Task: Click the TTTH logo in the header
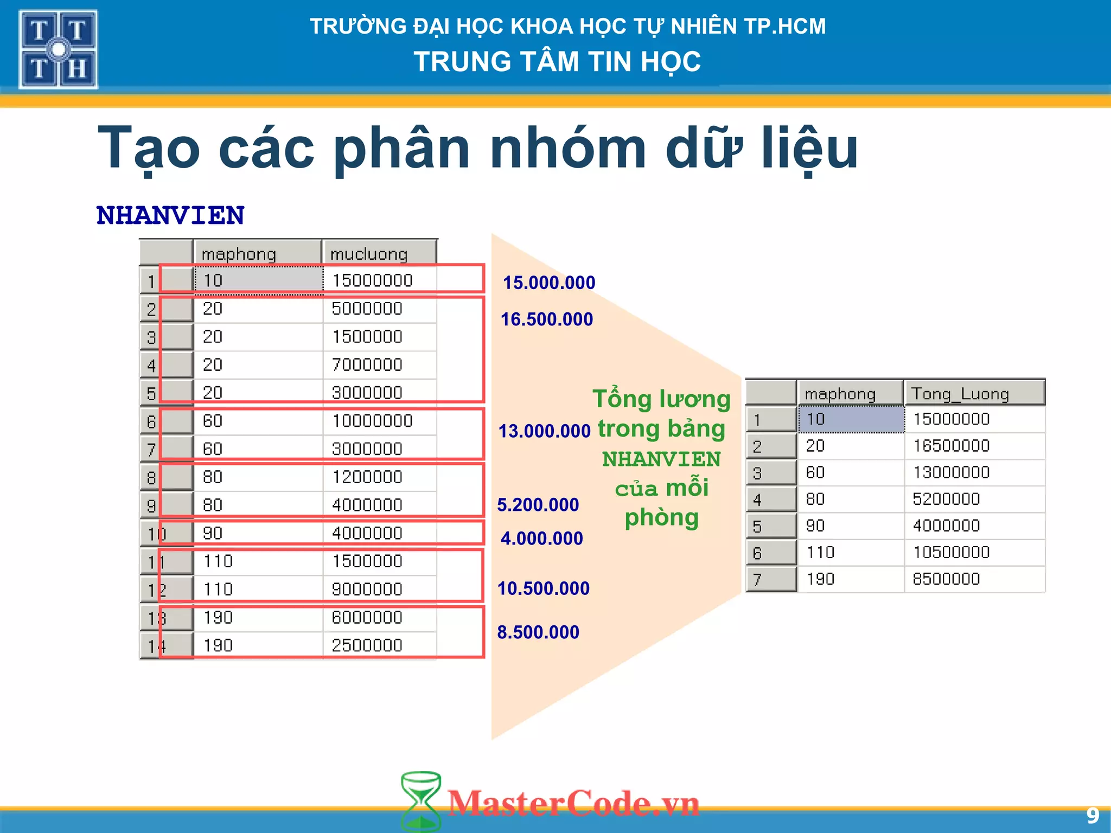tap(58, 49)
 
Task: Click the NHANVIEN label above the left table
tap(170, 215)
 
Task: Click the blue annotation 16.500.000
tap(547, 319)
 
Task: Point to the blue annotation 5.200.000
tap(538, 505)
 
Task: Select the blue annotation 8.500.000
tap(538, 632)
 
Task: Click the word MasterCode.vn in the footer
tap(573, 803)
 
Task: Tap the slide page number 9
tap(1093, 816)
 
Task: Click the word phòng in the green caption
tap(661, 518)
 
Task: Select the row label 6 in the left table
tap(151, 421)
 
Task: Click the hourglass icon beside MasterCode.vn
tap(420, 802)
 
